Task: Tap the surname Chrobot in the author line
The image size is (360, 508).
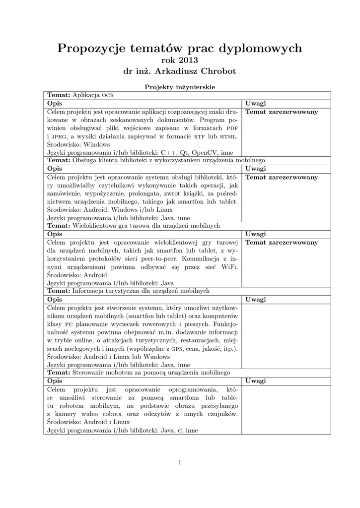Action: tap(214, 71)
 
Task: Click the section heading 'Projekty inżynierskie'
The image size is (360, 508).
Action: tap(180, 87)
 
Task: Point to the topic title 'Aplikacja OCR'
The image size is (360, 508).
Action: tap(94, 95)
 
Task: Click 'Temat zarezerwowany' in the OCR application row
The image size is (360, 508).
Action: tap(282, 112)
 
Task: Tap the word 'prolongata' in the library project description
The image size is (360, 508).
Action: tap(157, 193)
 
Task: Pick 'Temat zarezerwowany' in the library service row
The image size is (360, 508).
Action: tap(282, 177)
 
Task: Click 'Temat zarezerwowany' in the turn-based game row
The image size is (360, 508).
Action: tap(282, 242)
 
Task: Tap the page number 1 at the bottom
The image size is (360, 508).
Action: tap(180, 462)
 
